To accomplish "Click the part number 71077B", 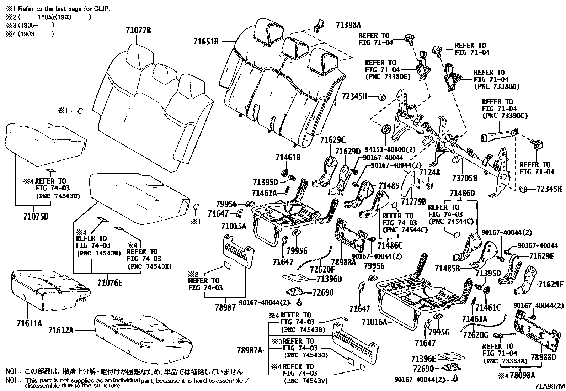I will [138, 30].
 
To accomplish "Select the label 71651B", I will [206, 42].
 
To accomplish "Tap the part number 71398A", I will [348, 25].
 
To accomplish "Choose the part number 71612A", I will [61, 330].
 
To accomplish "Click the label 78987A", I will [249, 350].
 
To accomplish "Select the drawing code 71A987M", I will [551, 386].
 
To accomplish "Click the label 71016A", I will [374, 322].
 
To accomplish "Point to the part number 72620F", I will [322, 269].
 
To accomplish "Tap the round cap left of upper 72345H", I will [382, 96].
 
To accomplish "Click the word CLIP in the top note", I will [101, 8].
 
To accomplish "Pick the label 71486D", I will [462, 193].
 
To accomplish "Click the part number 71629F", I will [551, 285].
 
